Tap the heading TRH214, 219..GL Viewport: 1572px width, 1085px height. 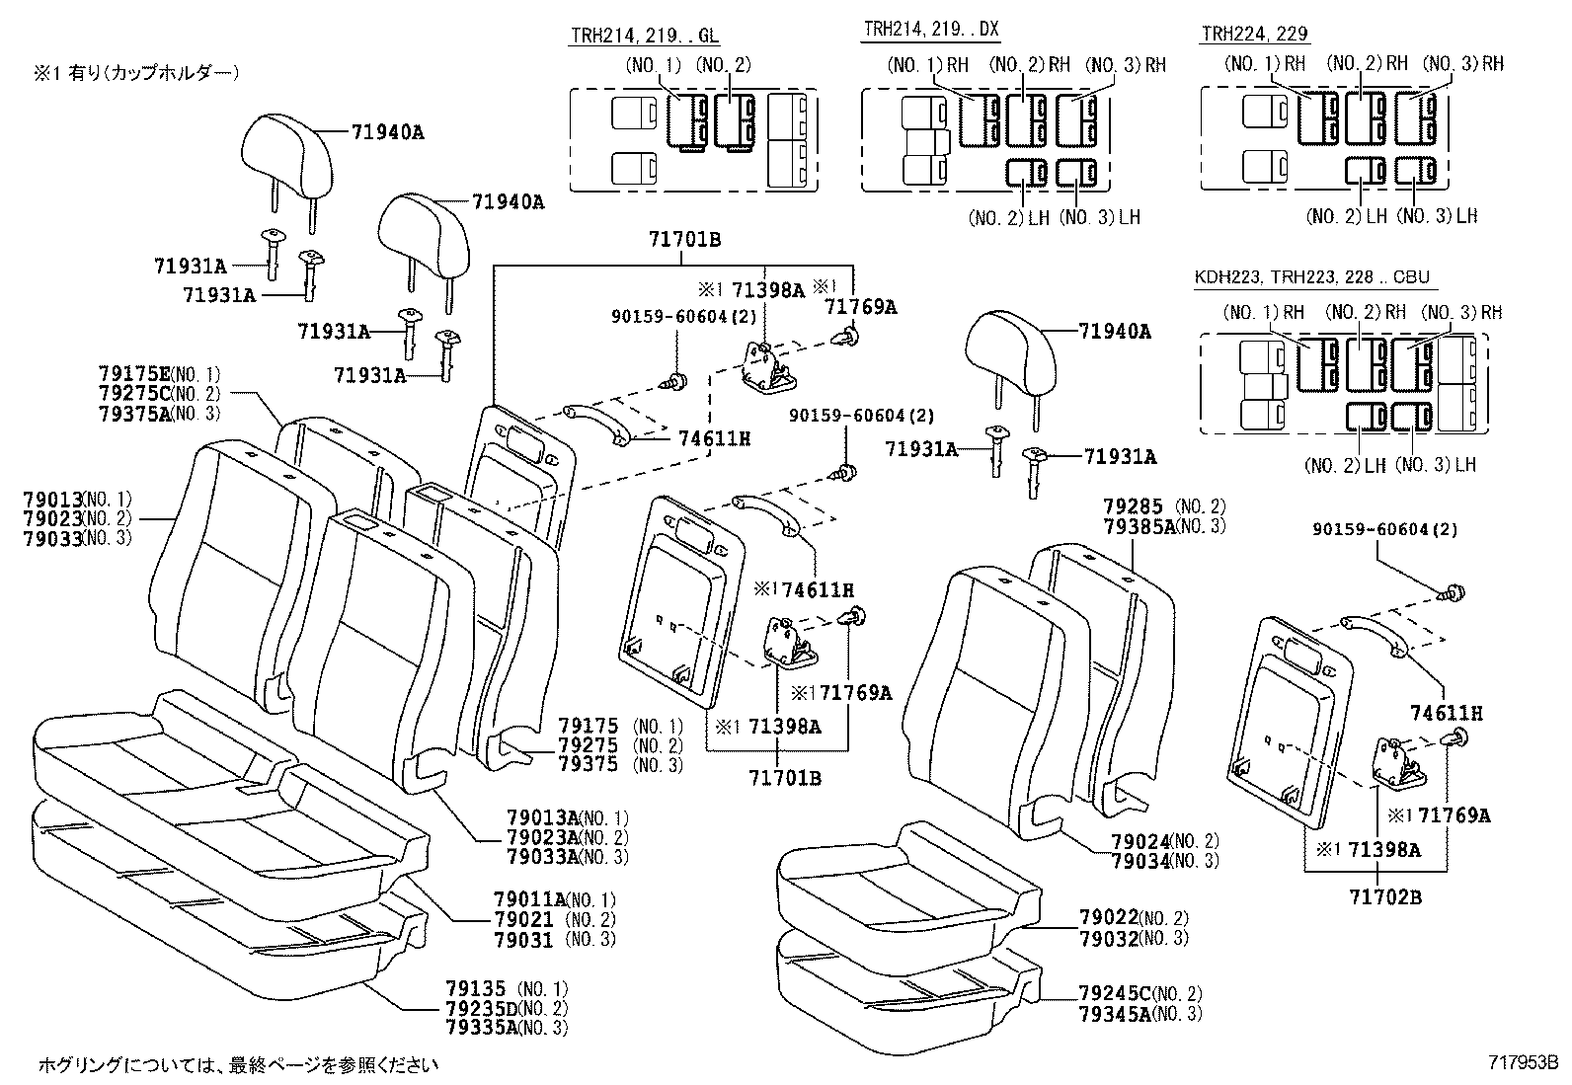(645, 36)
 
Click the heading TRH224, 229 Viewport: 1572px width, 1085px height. (1254, 34)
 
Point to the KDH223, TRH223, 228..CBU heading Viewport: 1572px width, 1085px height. (1311, 277)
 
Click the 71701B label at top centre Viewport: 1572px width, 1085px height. (684, 239)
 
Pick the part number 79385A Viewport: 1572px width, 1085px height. (1139, 526)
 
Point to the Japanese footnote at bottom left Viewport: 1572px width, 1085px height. (237, 1065)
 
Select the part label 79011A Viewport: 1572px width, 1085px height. (529, 899)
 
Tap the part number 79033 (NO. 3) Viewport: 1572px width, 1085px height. (76, 538)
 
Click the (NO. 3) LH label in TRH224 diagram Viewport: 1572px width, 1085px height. (1437, 215)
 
